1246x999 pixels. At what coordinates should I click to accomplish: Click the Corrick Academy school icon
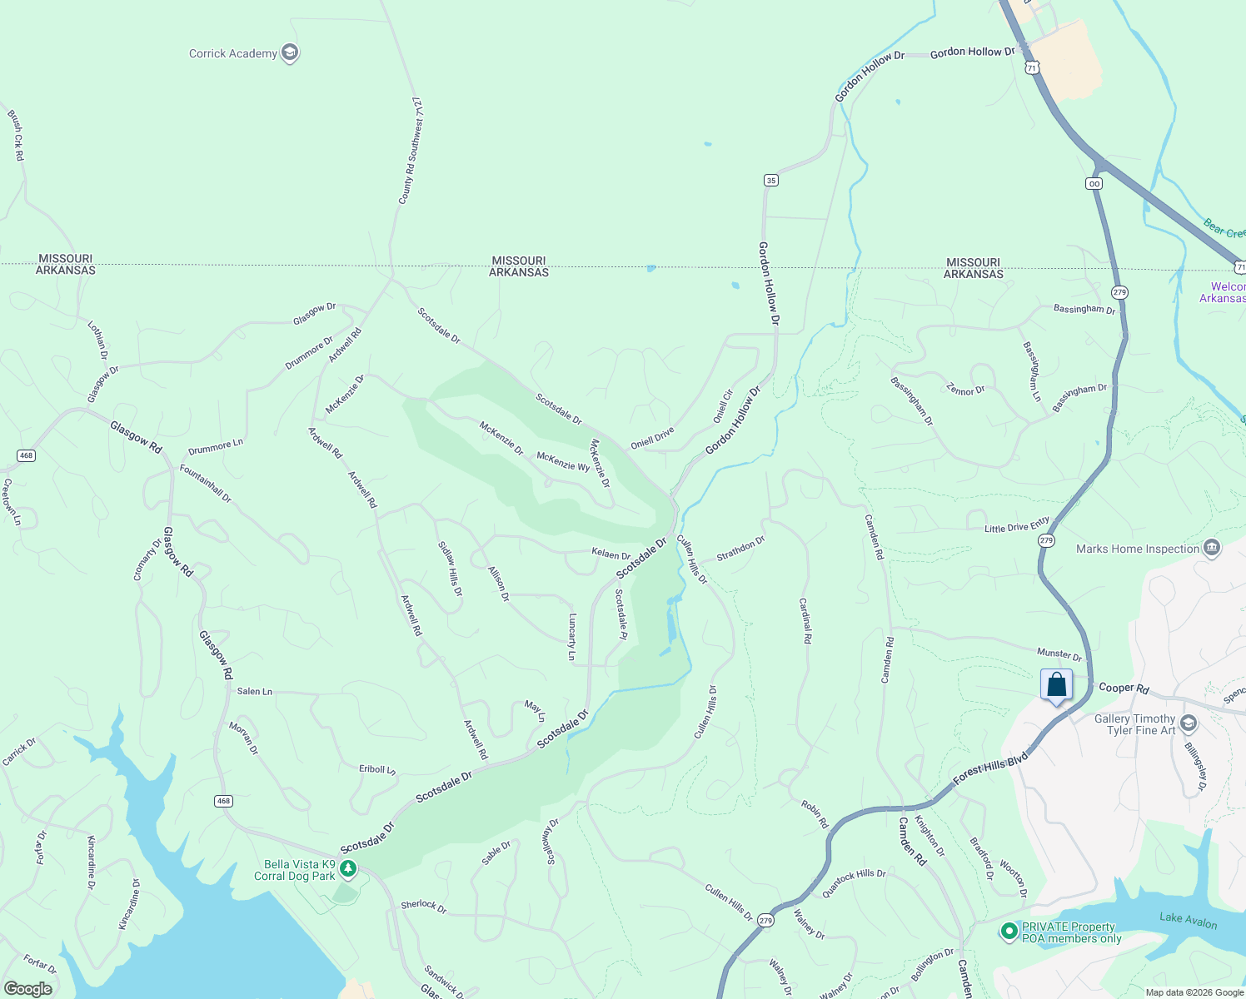point(290,53)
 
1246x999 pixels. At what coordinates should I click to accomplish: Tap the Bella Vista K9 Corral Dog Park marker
point(348,869)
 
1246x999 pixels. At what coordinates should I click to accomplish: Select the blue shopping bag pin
point(1056,685)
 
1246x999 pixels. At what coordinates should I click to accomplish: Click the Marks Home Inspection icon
point(1213,548)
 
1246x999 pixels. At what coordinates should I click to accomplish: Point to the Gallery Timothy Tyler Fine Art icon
point(1189,723)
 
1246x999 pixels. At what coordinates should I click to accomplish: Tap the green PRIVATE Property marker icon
point(1009,932)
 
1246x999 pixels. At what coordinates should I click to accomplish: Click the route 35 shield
point(771,180)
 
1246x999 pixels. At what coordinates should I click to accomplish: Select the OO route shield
point(1094,183)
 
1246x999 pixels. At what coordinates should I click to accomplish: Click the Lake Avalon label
point(1188,920)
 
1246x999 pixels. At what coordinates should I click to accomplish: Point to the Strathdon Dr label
point(740,549)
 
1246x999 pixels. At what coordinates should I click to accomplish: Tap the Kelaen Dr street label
point(611,554)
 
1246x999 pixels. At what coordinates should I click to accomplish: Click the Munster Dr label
point(1059,654)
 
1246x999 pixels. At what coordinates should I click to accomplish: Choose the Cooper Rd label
point(1124,688)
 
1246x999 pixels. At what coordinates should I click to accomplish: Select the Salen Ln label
point(255,692)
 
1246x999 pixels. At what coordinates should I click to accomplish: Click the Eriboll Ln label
point(377,770)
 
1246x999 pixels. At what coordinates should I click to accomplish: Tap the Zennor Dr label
point(965,390)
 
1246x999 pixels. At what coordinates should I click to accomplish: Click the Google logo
point(28,989)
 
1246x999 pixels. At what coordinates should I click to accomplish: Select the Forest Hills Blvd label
point(990,769)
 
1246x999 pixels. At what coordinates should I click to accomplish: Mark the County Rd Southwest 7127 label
point(411,150)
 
